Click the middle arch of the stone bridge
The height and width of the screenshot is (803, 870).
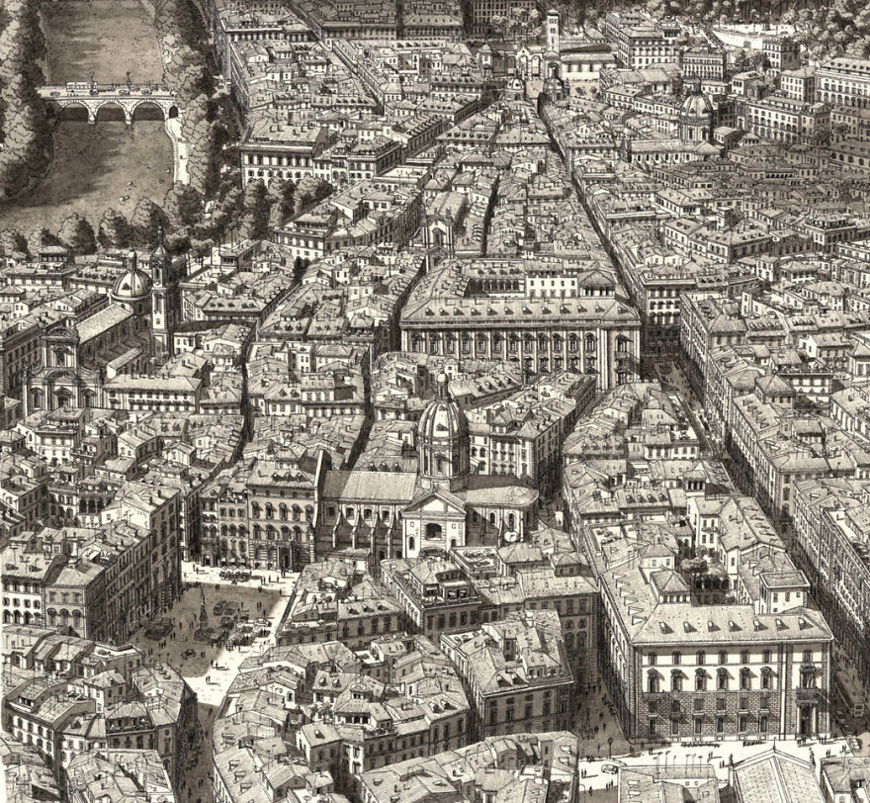(x=109, y=111)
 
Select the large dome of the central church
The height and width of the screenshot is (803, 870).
(x=442, y=420)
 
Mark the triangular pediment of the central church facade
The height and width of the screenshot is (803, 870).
(x=433, y=504)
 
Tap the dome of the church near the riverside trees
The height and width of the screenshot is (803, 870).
(x=130, y=285)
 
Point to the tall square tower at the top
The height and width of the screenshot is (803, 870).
(x=552, y=30)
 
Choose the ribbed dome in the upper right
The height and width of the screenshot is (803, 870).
(x=696, y=106)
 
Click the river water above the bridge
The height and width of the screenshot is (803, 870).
(x=99, y=40)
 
